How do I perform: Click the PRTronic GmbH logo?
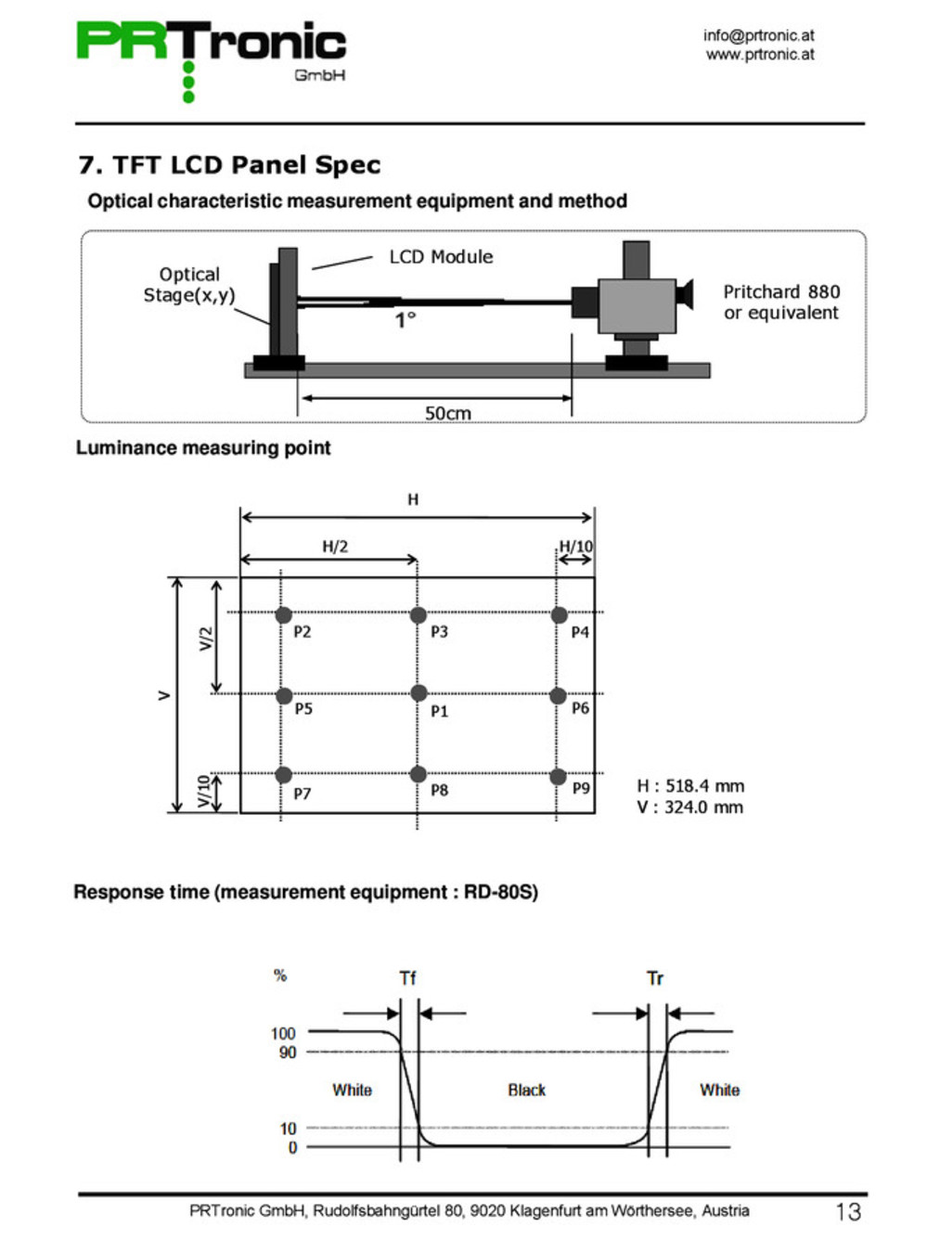[x=211, y=56]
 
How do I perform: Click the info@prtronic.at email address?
[x=758, y=35]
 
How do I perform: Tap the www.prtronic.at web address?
[x=759, y=55]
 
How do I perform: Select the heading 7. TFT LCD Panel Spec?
[x=229, y=165]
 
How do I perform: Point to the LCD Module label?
[x=441, y=257]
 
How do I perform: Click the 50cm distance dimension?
[x=447, y=413]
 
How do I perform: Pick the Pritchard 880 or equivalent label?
[x=781, y=303]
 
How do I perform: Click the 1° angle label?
[x=406, y=320]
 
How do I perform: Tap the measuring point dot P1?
[x=418, y=693]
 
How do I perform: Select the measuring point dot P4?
[x=559, y=615]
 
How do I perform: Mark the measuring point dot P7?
[x=283, y=775]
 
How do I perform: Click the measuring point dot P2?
[x=284, y=614]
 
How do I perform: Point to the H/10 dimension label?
[x=575, y=547]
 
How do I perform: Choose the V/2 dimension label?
[x=206, y=639]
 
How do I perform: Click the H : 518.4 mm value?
[x=690, y=786]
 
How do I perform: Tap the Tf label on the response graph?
[x=407, y=978]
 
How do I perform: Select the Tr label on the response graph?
[x=655, y=978]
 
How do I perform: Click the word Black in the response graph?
[x=526, y=1091]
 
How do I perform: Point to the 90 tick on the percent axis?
[x=288, y=1053]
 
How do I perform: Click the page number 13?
[x=848, y=1212]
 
